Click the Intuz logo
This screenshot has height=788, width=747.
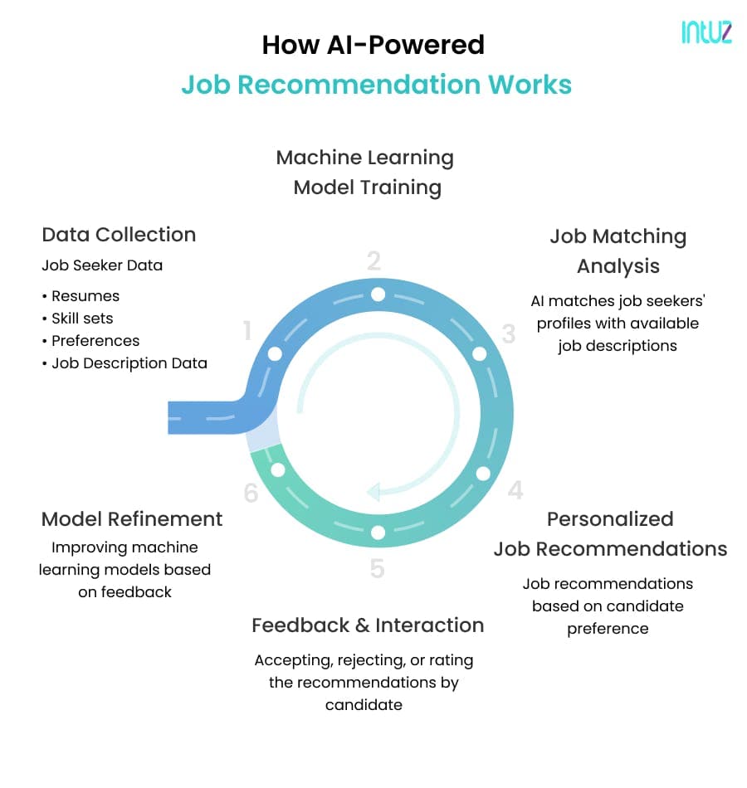click(706, 32)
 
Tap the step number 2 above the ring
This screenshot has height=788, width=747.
click(373, 260)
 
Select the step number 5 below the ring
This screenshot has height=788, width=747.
click(378, 568)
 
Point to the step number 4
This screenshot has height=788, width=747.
click(515, 490)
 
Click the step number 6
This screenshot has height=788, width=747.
click(251, 493)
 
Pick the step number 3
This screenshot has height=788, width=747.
click(509, 333)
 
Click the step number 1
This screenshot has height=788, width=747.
click(247, 331)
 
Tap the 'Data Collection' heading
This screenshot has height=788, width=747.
click(119, 235)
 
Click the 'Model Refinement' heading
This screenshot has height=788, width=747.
click(132, 519)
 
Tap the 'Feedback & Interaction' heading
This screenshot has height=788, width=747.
click(368, 625)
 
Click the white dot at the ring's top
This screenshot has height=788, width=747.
click(378, 294)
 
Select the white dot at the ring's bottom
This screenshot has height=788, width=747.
click(378, 533)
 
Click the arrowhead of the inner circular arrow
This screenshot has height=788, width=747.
click(373, 492)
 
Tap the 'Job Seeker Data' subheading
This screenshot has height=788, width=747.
click(102, 265)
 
